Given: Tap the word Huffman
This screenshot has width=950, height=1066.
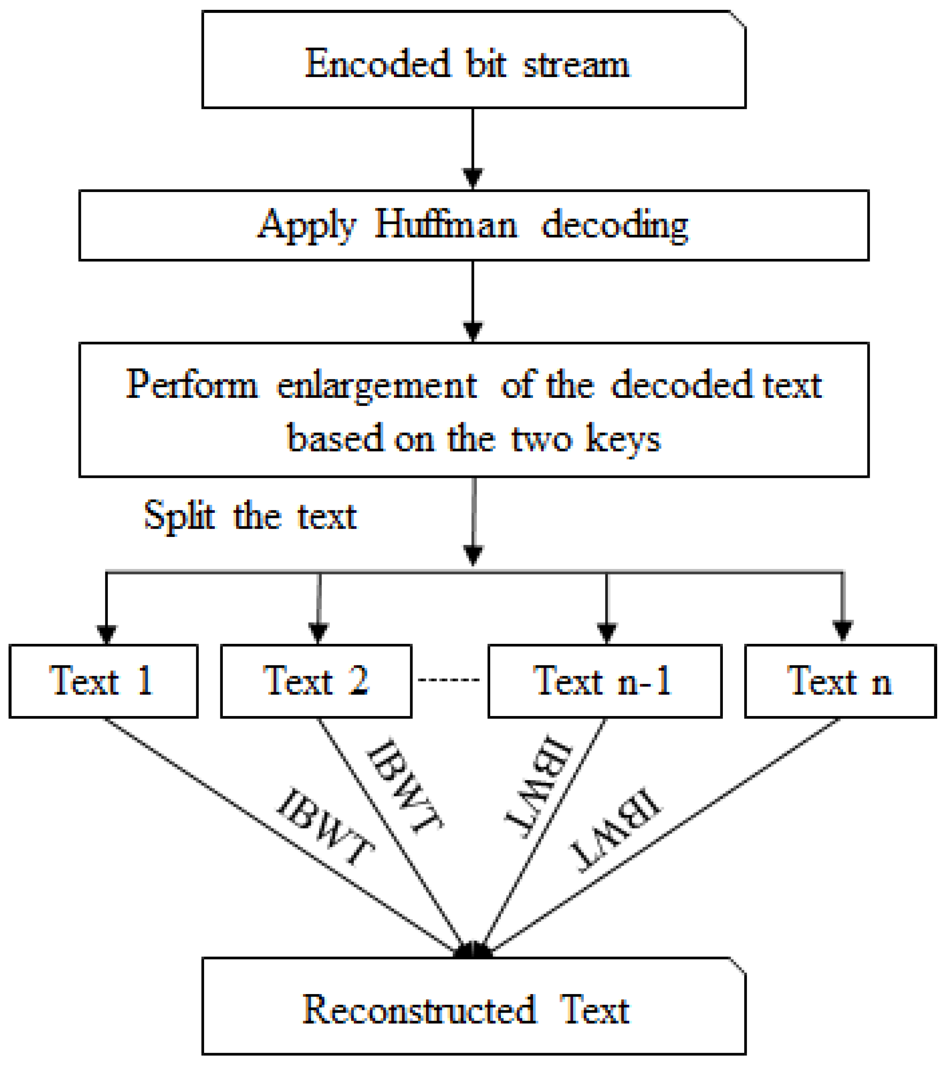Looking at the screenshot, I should tap(446, 225).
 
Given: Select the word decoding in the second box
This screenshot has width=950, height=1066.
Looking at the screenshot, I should tap(615, 225).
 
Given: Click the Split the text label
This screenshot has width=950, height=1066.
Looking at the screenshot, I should tap(250, 516).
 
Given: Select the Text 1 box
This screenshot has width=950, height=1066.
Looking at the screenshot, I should tap(104, 681).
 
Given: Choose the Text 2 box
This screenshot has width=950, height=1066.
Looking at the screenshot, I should tap(317, 681).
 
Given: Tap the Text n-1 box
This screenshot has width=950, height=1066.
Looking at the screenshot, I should tap(605, 681).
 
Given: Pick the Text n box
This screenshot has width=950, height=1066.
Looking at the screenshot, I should tap(840, 681).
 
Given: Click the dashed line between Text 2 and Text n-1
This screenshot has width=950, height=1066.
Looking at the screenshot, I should tap(449, 680).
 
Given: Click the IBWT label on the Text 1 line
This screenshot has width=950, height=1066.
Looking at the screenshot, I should tap(325, 826).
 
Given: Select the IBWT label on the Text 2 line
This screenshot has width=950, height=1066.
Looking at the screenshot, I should tap(405, 786).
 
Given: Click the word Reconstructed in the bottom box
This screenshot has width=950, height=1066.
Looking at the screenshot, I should tap(419, 1010).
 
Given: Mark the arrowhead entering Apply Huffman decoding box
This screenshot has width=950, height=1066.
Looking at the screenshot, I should tap(473, 178).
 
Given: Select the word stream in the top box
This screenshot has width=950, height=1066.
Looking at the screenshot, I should tap(576, 65).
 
